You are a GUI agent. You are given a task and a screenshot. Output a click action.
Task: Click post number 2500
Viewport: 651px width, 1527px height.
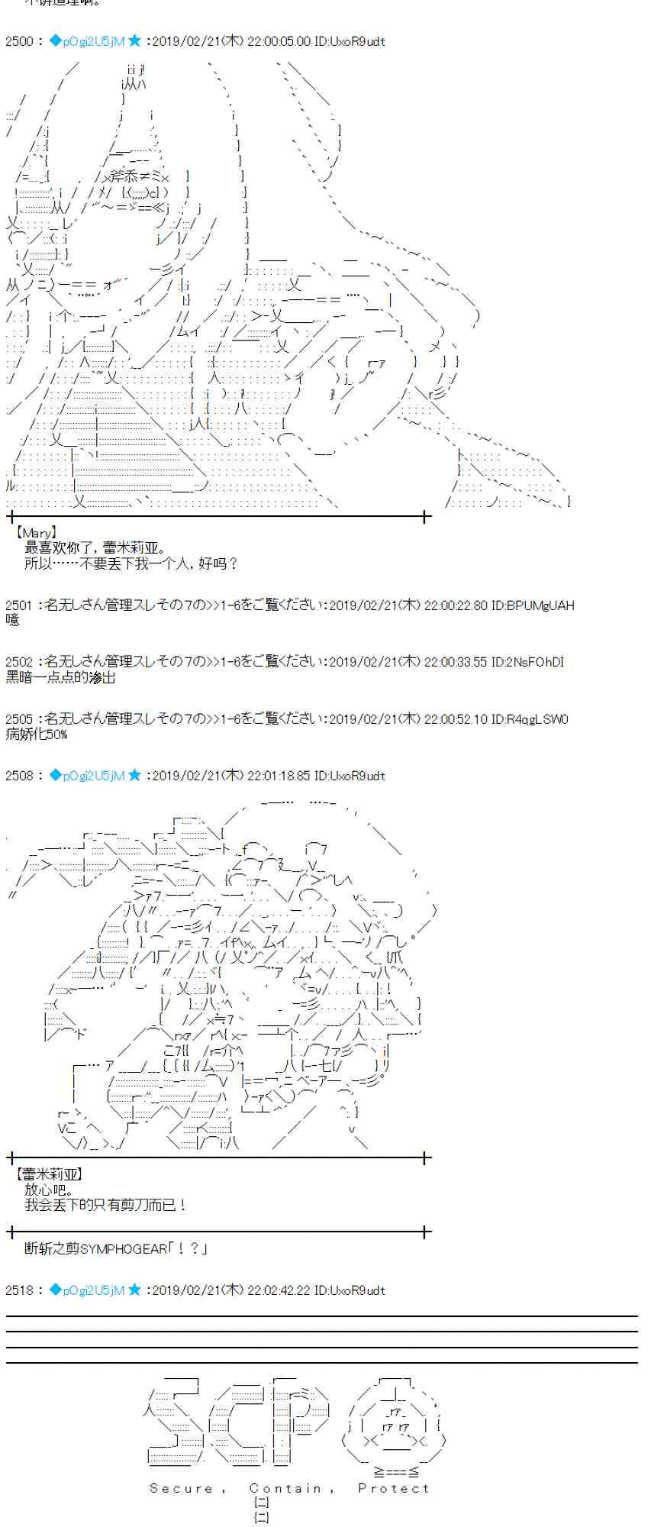[x=18, y=41]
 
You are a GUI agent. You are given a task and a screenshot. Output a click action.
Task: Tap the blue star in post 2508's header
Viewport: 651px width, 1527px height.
[x=134, y=776]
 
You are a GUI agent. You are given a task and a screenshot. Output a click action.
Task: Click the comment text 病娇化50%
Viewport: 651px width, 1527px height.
[x=37, y=734]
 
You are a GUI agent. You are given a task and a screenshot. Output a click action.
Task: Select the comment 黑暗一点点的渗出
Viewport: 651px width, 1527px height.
[x=61, y=677]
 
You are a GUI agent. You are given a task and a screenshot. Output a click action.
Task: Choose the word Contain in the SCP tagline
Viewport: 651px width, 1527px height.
[x=286, y=1488]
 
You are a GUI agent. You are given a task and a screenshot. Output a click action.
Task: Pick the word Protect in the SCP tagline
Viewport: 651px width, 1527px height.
[x=394, y=1488]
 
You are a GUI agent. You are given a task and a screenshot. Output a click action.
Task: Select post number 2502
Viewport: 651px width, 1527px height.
[x=18, y=662]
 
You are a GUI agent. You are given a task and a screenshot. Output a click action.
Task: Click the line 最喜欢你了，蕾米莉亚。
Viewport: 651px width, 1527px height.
[x=95, y=548]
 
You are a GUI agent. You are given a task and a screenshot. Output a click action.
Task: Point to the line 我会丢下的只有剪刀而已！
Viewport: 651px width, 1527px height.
[x=105, y=1205]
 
